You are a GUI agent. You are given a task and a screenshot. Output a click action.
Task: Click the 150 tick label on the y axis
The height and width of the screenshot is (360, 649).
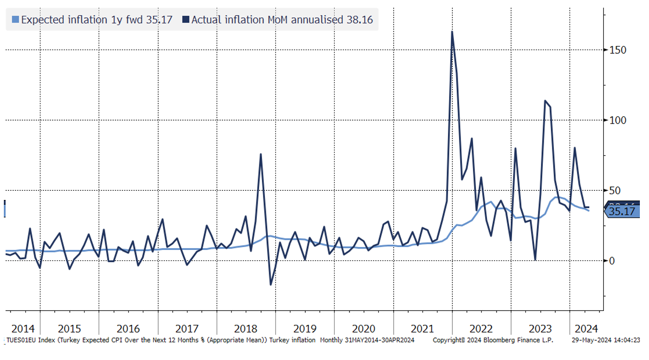[617, 50]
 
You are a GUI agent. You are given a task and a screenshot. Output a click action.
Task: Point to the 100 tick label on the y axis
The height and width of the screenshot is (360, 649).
[617, 120]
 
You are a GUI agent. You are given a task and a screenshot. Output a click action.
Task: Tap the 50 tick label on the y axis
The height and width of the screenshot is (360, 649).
[615, 190]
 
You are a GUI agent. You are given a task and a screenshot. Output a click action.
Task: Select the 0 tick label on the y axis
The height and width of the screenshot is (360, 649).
[612, 261]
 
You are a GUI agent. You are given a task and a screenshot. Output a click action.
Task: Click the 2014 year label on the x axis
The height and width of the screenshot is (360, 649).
[23, 329]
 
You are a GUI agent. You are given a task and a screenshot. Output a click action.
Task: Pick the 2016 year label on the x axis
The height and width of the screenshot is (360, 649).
[128, 329]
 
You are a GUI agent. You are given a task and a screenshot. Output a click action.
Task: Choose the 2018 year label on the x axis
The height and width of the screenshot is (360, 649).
[246, 329]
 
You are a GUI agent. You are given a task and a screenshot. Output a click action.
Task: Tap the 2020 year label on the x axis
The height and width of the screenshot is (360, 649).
[363, 329]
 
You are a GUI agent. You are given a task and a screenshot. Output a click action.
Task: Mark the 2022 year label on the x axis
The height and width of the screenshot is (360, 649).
[481, 329]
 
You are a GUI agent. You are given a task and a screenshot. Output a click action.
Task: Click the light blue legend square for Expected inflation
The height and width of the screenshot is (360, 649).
[15, 20]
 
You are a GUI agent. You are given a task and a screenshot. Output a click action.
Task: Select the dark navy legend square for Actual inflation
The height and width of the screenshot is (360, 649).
[186, 20]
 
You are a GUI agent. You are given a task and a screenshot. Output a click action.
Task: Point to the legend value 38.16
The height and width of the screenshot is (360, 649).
[360, 20]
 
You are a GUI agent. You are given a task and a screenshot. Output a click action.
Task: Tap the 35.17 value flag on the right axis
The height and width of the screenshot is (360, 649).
[622, 211]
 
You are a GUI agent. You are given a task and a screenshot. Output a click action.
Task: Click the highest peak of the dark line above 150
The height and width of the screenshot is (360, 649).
[452, 32]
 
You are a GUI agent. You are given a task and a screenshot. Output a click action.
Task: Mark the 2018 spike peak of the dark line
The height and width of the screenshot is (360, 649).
[261, 154]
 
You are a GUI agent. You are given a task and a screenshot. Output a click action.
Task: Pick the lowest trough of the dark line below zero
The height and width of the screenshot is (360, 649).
[271, 285]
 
